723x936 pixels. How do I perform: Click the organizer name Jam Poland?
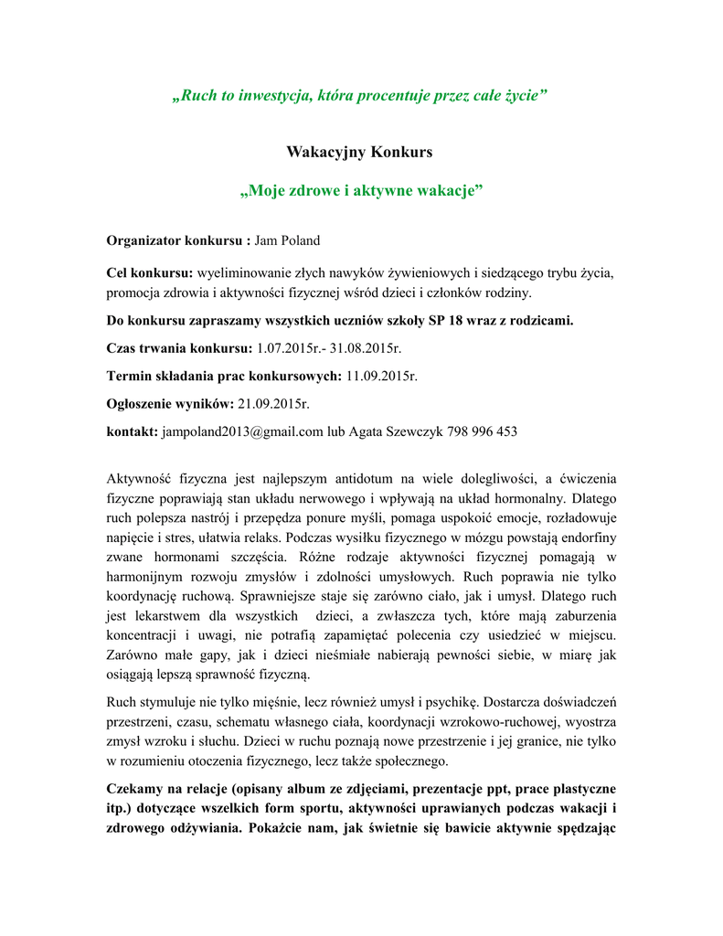(287, 241)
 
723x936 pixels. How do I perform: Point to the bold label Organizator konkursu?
(178, 241)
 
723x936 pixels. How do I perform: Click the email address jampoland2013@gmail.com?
(242, 431)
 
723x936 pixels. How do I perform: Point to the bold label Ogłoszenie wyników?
(170, 403)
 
